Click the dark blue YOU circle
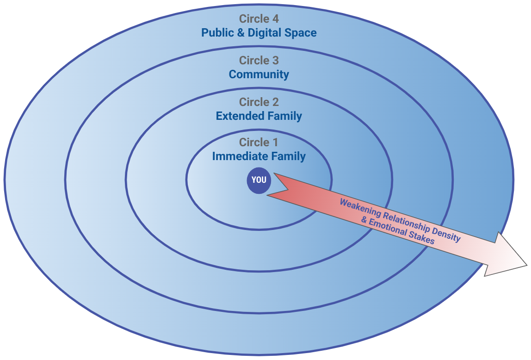259,180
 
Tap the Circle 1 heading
259,143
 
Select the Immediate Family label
259,156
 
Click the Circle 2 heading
259,102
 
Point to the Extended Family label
259,116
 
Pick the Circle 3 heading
259,61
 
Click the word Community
259,74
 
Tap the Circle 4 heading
259,19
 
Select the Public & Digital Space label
259,33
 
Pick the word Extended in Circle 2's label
235,116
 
